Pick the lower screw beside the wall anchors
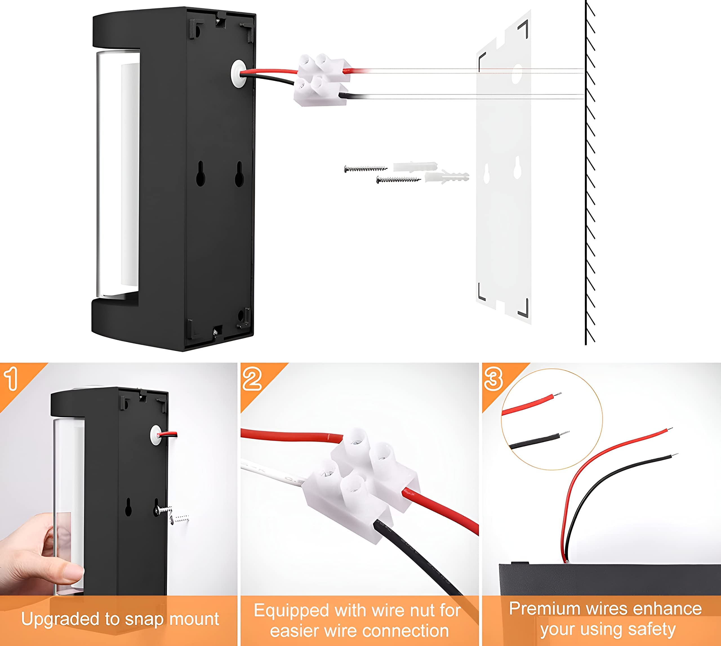pyautogui.click(x=398, y=180)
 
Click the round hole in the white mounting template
pyautogui.click(x=517, y=74)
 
